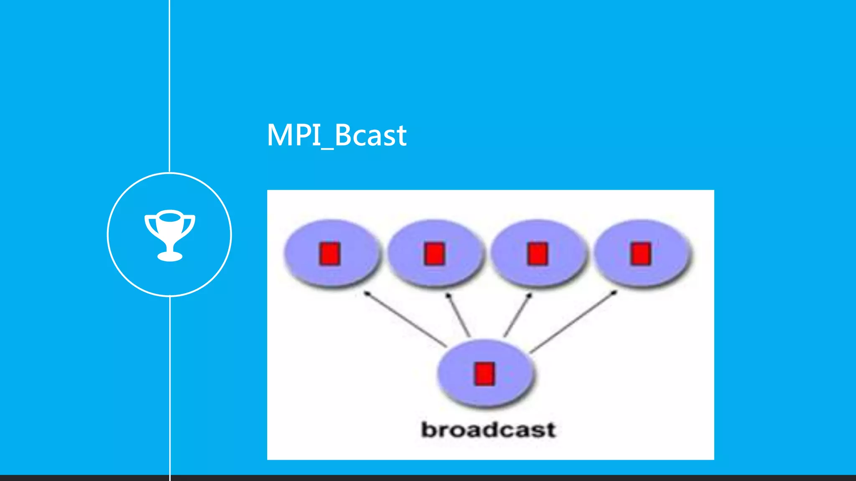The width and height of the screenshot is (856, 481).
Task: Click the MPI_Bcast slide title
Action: point(336,135)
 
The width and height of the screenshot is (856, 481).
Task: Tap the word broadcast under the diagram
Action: point(488,430)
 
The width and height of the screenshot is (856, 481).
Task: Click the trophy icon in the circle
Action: point(170,235)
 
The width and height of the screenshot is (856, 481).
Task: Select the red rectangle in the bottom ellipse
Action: point(484,373)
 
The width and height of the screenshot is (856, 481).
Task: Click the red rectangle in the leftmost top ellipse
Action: point(330,253)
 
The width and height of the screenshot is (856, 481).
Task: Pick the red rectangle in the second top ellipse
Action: point(434,253)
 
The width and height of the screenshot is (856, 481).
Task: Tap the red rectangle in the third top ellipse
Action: point(538,253)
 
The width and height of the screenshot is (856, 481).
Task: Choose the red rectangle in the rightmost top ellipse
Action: point(641,253)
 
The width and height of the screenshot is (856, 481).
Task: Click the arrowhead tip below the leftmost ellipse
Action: point(367,294)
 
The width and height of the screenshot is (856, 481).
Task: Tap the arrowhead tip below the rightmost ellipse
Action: point(614,293)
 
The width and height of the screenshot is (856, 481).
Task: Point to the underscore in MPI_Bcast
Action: point(327,147)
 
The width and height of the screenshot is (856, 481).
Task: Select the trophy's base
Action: point(170,256)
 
